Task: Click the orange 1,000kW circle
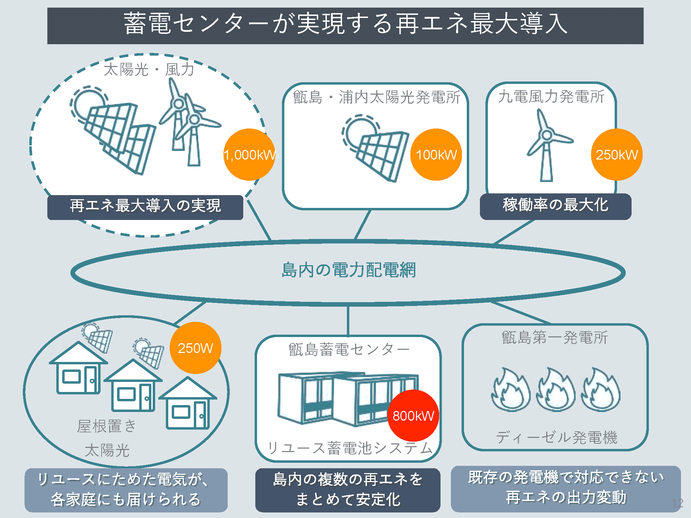249,154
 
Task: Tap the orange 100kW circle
436,154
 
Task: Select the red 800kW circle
413,415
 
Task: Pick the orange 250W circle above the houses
196,348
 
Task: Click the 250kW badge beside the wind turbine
617,154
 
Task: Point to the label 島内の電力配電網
349,270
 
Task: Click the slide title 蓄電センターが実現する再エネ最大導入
345,23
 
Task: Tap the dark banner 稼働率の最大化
556,206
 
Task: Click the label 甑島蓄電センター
349,349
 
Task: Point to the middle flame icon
556,389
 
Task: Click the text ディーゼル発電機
557,438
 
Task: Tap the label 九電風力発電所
551,96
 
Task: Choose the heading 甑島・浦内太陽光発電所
377,97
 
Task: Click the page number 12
678,503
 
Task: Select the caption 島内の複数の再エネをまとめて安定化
348,490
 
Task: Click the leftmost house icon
78,368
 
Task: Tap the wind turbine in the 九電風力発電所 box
548,145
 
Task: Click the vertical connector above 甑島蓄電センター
348,321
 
